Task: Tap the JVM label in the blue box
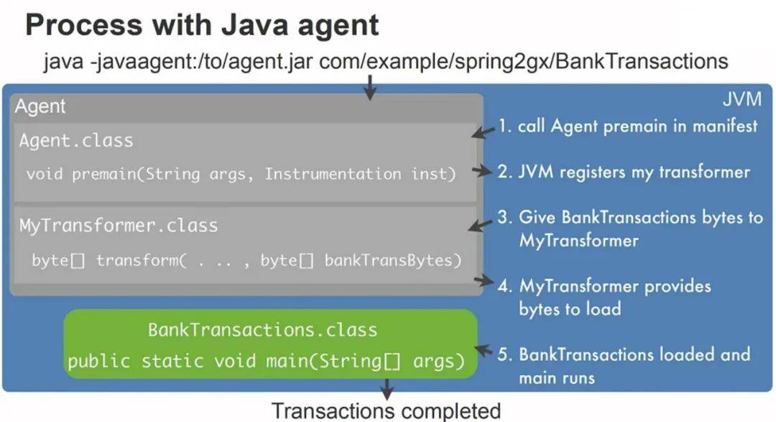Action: coord(742,99)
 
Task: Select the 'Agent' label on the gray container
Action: coord(40,106)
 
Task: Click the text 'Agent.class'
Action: coord(76,141)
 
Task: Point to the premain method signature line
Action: coord(241,174)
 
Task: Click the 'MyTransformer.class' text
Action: coord(119,226)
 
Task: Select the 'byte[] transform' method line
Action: coord(246,260)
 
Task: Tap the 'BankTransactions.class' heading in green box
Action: coord(262,330)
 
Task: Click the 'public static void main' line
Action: coord(267,361)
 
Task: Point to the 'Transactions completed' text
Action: coord(386,411)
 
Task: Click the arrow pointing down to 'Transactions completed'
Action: coord(387,390)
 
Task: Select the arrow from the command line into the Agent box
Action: coord(369,88)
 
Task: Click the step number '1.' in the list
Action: coord(504,126)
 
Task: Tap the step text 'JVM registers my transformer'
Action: coord(634,172)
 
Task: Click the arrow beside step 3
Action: coord(481,225)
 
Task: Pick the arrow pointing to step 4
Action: coord(484,281)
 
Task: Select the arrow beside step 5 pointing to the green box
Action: coord(484,350)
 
